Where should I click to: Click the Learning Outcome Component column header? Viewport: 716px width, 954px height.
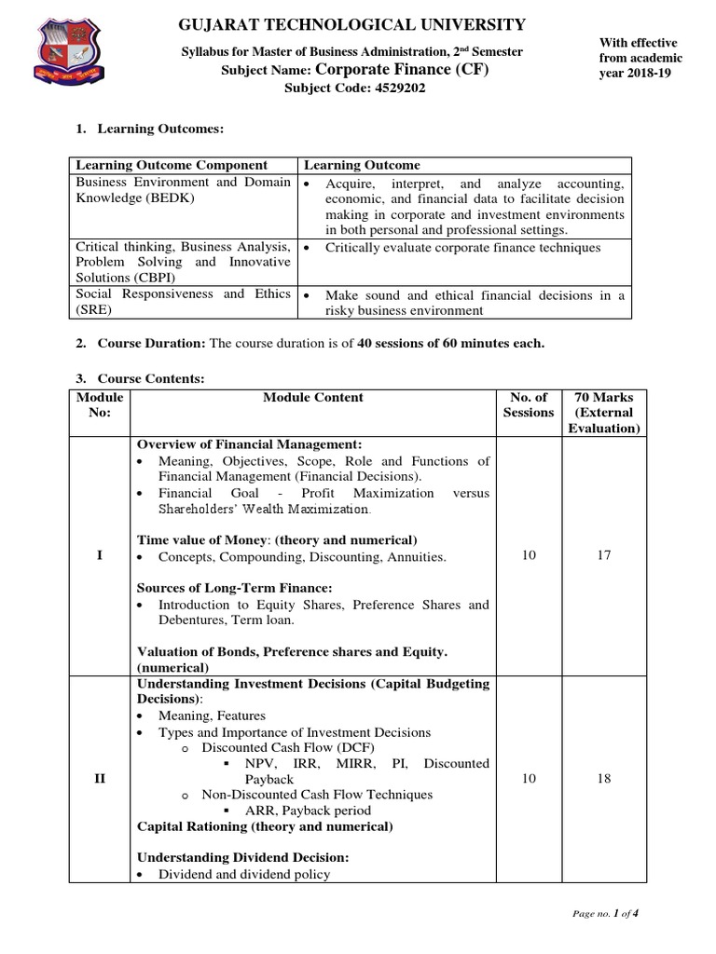172,165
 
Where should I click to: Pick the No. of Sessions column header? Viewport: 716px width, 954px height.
528,404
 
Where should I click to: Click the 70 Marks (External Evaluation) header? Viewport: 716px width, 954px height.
604,413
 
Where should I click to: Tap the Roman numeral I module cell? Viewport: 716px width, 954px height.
100,556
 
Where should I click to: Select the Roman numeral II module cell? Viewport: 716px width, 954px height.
100,779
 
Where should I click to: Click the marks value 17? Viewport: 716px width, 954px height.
604,556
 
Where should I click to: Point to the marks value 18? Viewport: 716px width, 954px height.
604,779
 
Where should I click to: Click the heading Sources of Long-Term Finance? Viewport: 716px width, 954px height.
235,588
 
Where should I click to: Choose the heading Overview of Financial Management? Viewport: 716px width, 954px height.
250,444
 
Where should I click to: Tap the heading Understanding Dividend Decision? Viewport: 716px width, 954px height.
243,858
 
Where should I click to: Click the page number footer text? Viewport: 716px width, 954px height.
605,914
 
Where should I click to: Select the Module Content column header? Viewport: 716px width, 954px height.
313,397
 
